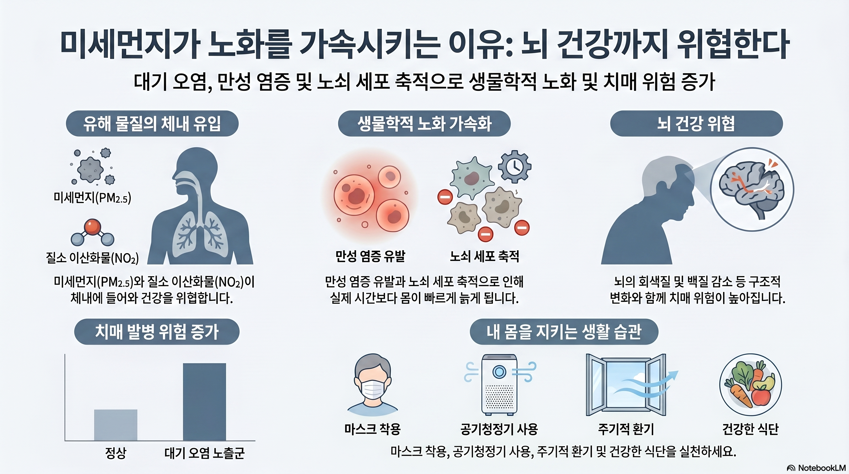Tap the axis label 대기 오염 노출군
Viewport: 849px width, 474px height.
[x=204, y=453]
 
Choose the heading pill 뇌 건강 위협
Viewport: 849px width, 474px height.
[x=696, y=124]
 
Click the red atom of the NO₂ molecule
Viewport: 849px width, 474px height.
[x=92, y=227]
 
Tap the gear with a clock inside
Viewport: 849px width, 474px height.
[x=514, y=166]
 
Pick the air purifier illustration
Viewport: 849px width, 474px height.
[x=499, y=384]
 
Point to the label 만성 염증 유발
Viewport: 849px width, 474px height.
[x=370, y=256]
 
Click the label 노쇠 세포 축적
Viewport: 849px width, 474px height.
[x=484, y=256]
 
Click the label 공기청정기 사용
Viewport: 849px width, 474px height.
[x=499, y=429]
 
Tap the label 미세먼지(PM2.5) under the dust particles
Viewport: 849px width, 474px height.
[x=92, y=198]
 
